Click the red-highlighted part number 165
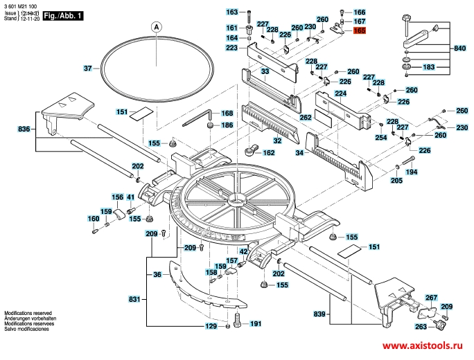(x=359, y=31)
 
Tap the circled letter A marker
(x=156, y=27)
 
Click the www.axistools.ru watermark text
(x=421, y=345)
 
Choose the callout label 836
(x=24, y=129)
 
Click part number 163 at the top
(x=232, y=12)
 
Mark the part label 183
(x=429, y=67)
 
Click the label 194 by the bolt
(x=412, y=171)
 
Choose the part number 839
(x=319, y=315)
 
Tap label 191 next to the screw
(x=256, y=323)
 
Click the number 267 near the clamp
(x=431, y=297)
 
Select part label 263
(x=421, y=327)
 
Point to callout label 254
(x=380, y=137)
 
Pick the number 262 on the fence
(x=306, y=118)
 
